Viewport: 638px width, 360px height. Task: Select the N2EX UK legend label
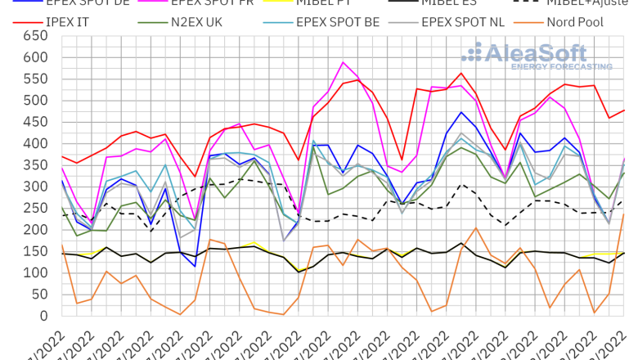point(201,21)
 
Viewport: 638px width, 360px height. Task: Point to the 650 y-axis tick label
point(34,36)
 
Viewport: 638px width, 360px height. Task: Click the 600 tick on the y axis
point(34,57)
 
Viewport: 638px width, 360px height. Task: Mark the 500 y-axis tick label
point(34,101)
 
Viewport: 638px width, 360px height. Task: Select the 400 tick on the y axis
point(34,144)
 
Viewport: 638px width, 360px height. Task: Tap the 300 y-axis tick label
point(34,187)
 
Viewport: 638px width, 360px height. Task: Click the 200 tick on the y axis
point(34,230)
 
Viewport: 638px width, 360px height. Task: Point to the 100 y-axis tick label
point(34,273)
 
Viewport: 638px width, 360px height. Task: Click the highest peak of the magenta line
point(344,62)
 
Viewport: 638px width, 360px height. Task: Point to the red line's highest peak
point(461,73)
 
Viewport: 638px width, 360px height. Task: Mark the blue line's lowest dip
point(195,266)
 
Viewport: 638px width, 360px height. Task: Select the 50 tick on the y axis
point(38,295)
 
